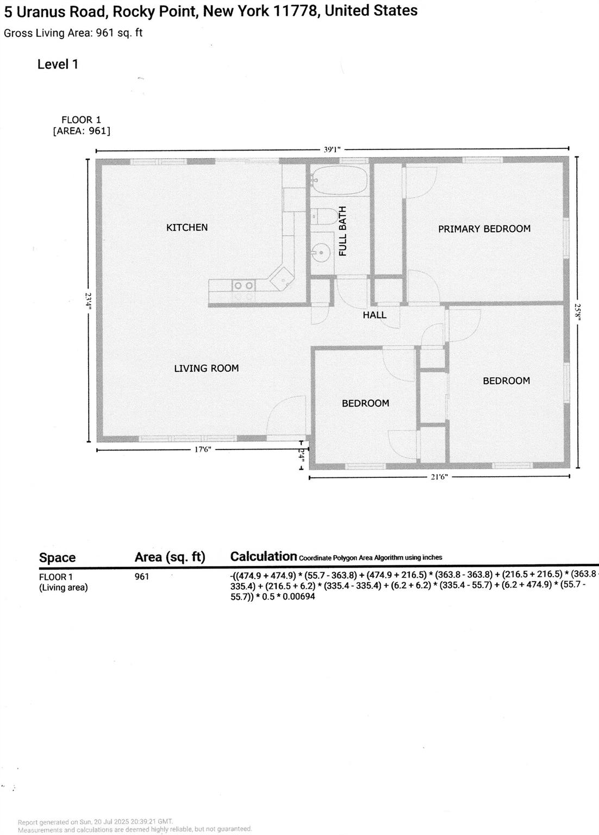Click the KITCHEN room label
click(x=186, y=227)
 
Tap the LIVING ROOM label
click(x=206, y=368)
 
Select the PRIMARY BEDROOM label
click(x=484, y=229)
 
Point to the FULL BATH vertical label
click(x=342, y=231)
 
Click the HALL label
click(x=375, y=315)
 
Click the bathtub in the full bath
click(x=339, y=180)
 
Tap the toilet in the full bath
click(x=324, y=216)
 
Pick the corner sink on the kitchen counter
click(x=282, y=278)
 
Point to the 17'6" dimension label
click(x=202, y=450)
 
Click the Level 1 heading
click(x=58, y=64)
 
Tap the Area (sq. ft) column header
click(x=170, y=557)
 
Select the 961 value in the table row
click(x=141, y=576)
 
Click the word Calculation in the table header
click(x=264, y=556)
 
